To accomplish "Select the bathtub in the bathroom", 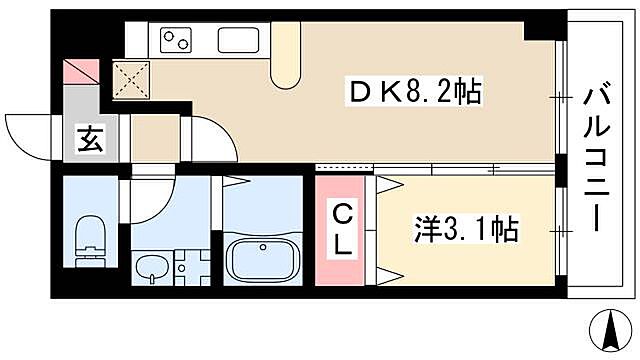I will pyautogui.click(x=264, y=258).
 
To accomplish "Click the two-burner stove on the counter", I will pyautogui.click(x=177, y=41).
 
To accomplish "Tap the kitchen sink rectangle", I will pyautogui.click(x=238, y=41).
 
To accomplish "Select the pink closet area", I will pyautogui.click(x=340, y=230).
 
